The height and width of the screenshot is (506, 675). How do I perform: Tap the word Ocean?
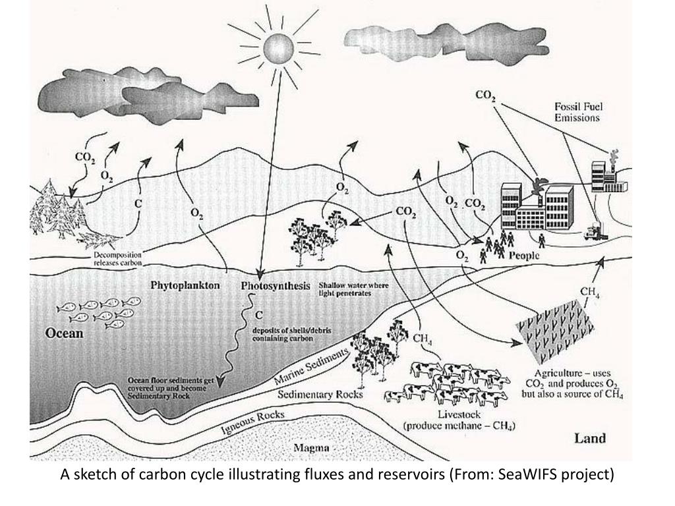click(64, 333)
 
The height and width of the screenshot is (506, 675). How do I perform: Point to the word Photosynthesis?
click(275, 286)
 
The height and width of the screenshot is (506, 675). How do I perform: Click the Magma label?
click(312, 449)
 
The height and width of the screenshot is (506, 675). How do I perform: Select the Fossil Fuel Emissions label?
click(577, 112)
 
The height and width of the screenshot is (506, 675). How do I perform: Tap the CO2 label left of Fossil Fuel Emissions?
click(486, 96)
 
